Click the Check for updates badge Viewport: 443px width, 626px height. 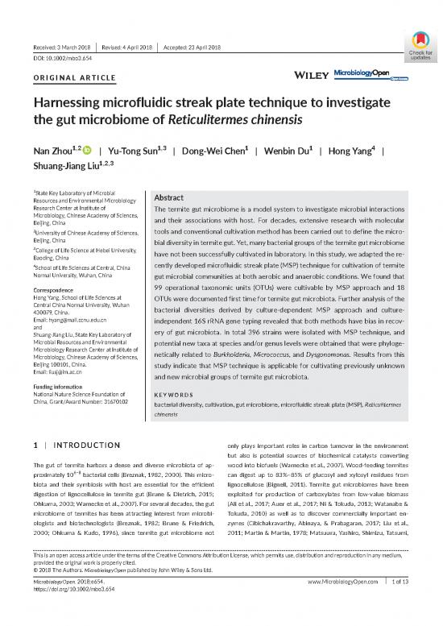point(419,46)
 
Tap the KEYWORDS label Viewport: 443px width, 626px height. point(174,395)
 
